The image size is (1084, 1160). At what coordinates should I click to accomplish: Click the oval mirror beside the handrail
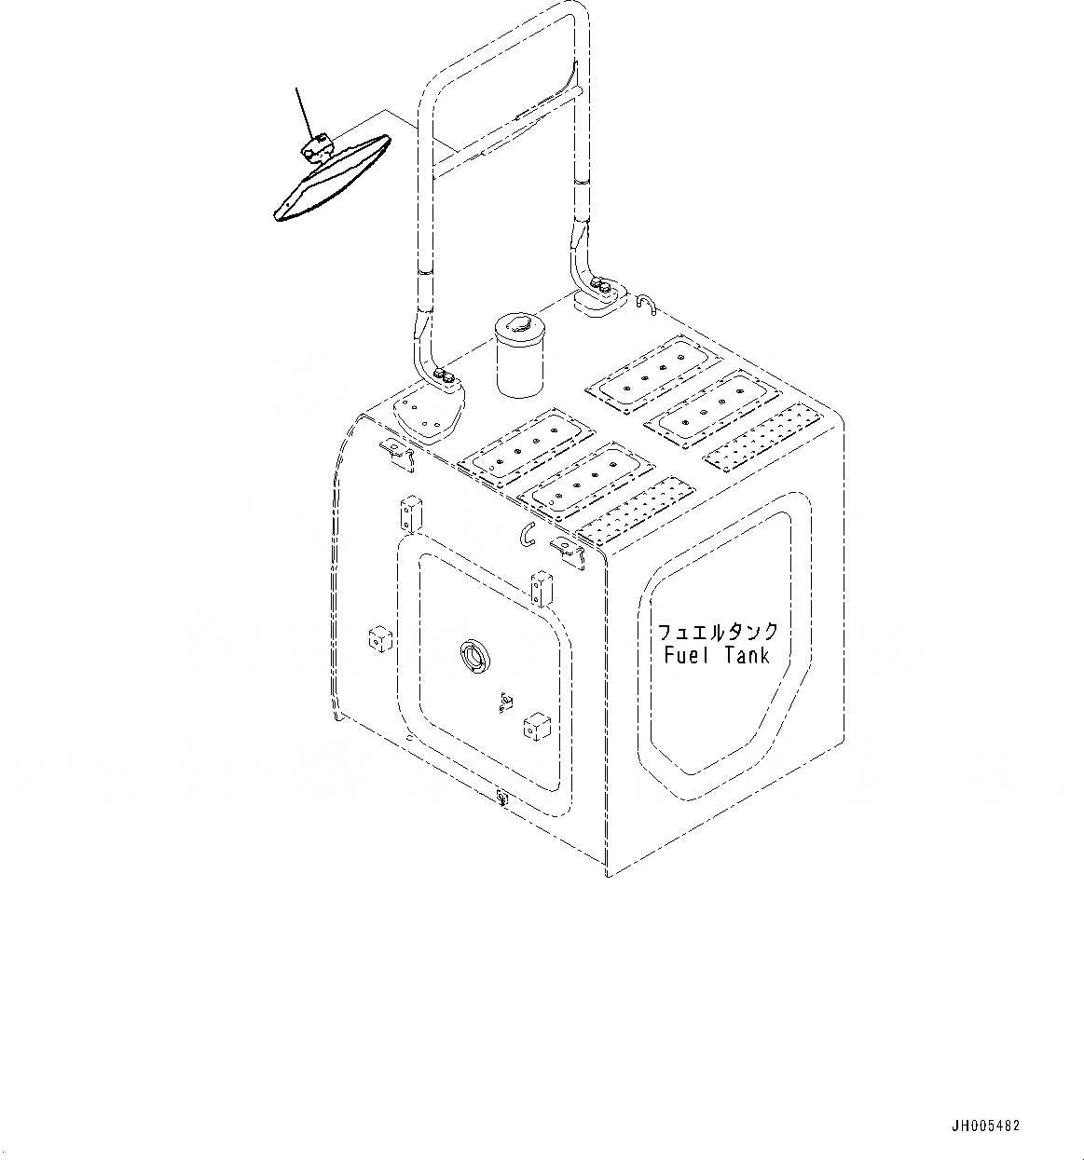331,181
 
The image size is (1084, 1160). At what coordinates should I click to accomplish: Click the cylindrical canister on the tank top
520,358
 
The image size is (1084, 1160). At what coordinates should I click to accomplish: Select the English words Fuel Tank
717,655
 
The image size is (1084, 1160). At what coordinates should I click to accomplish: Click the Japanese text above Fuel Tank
718,632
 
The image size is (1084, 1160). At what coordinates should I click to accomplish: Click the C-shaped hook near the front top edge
528,534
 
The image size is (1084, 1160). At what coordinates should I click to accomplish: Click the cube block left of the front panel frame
379,639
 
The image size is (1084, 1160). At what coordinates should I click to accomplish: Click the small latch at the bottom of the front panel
501,797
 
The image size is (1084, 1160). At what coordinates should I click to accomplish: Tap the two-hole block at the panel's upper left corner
410,514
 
